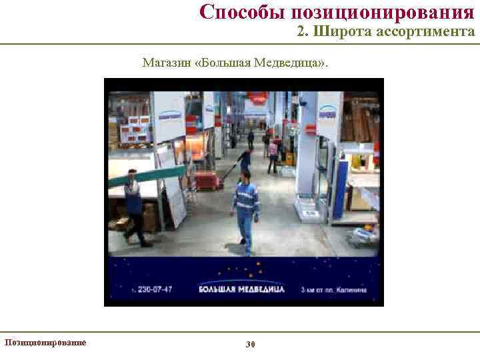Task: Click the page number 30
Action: point(251,344)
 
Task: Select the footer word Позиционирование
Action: point(45,343)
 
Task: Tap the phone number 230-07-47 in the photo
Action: point(155,289)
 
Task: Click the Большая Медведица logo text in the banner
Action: point(242,289)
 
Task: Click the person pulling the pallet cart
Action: point(245,162)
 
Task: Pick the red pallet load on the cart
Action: point(207,180)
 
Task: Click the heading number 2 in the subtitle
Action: point(301,31)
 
